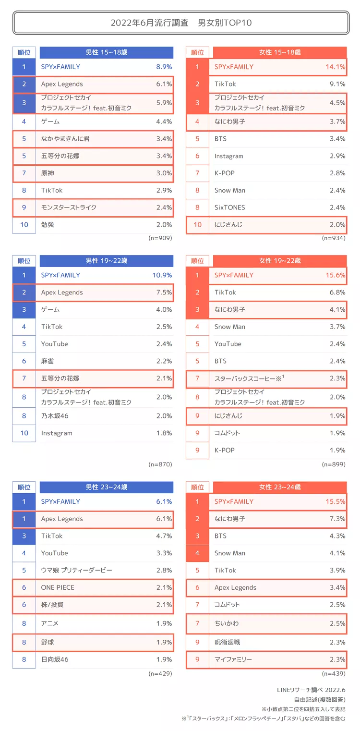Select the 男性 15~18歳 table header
pos(107,52)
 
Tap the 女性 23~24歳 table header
pos(280,487)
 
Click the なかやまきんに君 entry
pos(65,139)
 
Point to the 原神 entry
pos(48,173)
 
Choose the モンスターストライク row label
pos(69,207)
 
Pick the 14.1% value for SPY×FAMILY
pos(335,67)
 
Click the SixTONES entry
pos(229,207)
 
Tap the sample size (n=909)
pos(160,238)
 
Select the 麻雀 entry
pos(48,361)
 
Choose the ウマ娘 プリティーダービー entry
pos(76,570)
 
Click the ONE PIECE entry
pos(58,587)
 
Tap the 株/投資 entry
pos(52,605)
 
